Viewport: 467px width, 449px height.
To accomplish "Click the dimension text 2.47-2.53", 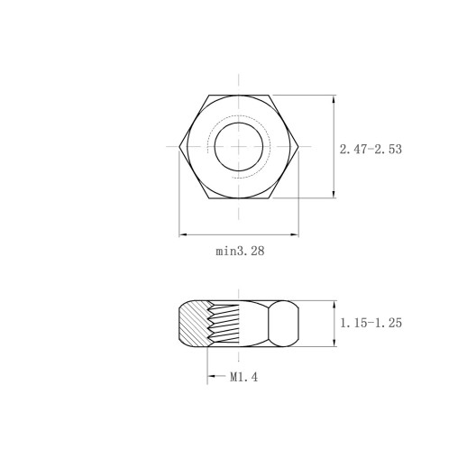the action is [x=371, y=150].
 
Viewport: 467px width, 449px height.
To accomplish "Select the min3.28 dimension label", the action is [x=240, y=251].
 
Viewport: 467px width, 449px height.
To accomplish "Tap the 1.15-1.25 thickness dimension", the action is [x=371, y=323].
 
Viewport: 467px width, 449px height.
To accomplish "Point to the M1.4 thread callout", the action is [x=243, y=377].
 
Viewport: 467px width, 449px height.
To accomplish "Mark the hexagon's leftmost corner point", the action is [x=179, y=147].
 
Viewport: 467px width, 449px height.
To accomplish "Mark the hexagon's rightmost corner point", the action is [x=298, y=147].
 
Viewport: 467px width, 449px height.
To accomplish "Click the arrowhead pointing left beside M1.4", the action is [x=212, y=376].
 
